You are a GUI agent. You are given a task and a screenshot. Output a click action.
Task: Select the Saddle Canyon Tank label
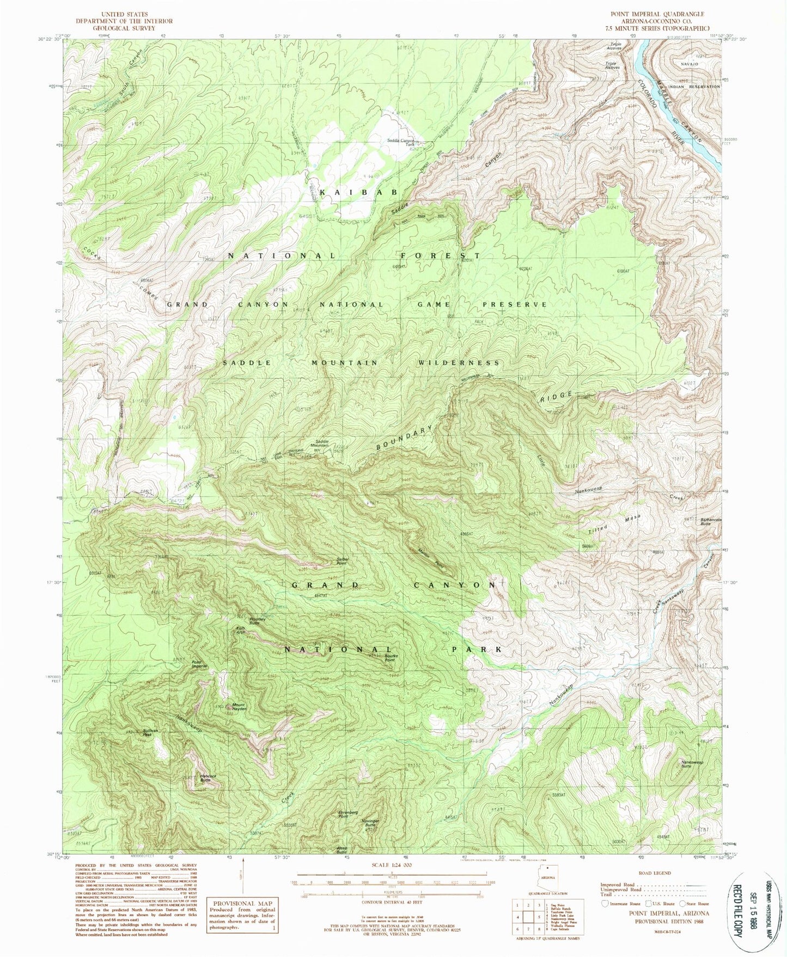[400, 143]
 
